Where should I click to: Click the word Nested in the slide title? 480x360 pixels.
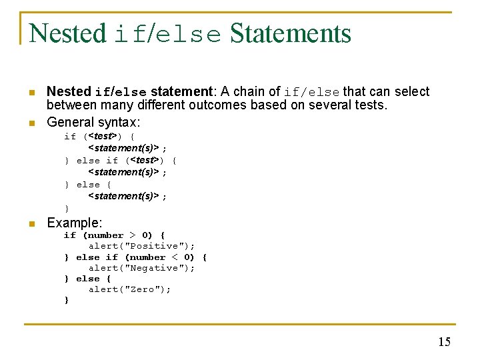coord(67,33)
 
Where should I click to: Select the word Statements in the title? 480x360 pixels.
coord(290,33)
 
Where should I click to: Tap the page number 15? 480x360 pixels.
coord(444,342)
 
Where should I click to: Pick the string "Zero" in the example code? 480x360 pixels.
coord(143,289)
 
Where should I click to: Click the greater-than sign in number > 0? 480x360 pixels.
coord(132,235)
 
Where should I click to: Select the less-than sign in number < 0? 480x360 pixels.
coord(175,257)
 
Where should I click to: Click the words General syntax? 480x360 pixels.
coord(93,122)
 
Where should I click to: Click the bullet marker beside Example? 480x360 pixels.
coord(32,224)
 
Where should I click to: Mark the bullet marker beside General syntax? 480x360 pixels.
coord(32,123)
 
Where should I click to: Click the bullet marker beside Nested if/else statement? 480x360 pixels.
coord(32,93)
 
